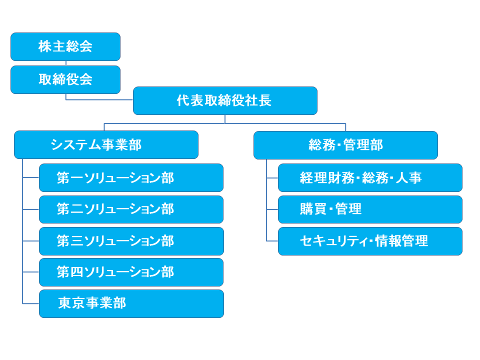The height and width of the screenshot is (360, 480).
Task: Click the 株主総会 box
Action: tap(65, 46)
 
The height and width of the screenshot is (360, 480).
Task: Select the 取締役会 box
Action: tap(65, 79)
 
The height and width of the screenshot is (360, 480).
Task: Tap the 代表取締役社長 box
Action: tap(225, 100)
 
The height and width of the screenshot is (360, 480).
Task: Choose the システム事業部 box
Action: tap(106, 145)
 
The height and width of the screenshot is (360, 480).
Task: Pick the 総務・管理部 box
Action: tap(345, 145)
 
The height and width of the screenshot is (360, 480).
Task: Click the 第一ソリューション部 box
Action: tap(131, 178)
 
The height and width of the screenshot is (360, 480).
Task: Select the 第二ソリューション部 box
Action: tap(131, 209)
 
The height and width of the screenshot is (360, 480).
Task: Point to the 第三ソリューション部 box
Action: tap(131, 241)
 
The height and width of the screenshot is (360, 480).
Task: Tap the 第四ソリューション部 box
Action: tap(131, 272)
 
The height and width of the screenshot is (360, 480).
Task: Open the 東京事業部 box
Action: tap(131, 303)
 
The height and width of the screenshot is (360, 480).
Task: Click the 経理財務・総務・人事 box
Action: tap(370, 178)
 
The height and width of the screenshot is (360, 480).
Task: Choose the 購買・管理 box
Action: tap(370, 209)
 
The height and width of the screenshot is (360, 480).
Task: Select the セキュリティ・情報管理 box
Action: tap(370, 241)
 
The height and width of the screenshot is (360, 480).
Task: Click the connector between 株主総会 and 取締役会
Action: tap(66, 63)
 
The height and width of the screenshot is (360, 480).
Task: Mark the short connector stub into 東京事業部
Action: tap(30, 303)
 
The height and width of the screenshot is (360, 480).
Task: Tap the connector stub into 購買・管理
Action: tap(272, 209)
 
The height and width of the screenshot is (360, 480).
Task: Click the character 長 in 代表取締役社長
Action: tap(265, 100)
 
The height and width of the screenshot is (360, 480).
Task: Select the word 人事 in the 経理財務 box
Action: tap(408, 177)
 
